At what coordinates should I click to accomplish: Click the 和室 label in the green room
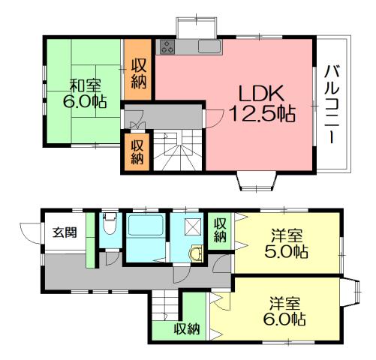tap(89, 85)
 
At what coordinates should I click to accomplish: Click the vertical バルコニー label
tap(331, 105)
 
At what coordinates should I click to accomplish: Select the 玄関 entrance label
tap(63, 232)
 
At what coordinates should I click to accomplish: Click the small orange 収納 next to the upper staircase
tap(138, 152)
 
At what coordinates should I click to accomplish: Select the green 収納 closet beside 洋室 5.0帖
tap(220, 229)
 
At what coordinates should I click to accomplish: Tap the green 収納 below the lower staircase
tap(187, 328)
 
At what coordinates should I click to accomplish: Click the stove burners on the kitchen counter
tap(167, 47)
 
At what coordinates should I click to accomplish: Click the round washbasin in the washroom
tap(197, 253)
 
